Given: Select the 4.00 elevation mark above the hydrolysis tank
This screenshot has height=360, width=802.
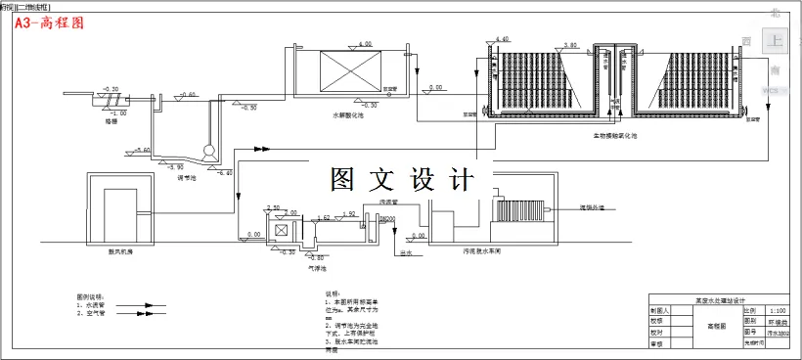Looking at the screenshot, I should (366, 45).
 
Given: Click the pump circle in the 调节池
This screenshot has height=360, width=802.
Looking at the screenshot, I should (206, 154).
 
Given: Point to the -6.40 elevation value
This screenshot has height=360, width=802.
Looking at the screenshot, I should (224, 172).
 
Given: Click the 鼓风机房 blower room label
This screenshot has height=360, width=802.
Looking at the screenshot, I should (121, 249).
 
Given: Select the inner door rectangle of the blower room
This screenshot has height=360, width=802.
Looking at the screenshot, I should (122, 212).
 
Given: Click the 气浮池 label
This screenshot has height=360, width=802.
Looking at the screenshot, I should (316, 267).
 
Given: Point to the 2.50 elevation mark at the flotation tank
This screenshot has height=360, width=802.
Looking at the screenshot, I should (274, 207).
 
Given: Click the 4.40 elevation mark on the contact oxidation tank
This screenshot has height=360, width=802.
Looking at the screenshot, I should (503, 39).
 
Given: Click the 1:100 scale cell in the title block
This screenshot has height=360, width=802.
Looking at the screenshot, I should (778, 308).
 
